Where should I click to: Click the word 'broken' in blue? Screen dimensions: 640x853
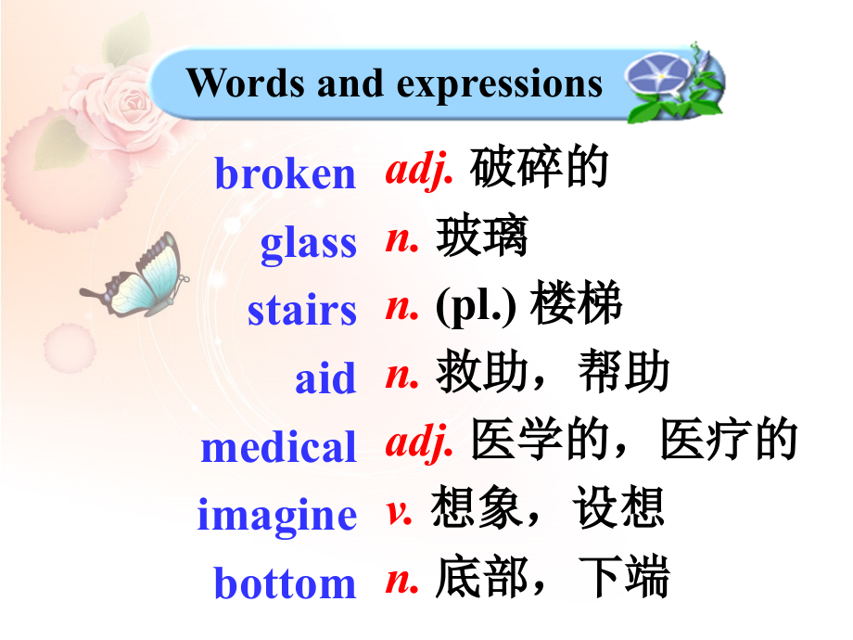coord(285,173)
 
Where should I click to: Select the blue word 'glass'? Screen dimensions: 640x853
coord(308,242)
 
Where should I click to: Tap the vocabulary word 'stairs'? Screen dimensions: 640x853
coord(301,310)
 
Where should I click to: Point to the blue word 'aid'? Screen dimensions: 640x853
coord(325,378)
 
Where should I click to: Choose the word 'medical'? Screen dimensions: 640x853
coord(278,447)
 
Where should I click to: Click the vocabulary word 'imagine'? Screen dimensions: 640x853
coord(276,515)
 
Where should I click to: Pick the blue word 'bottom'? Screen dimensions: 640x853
coord(285,583)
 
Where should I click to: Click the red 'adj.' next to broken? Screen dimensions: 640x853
coord(419,171)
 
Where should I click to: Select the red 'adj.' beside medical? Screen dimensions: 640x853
coord(419,444)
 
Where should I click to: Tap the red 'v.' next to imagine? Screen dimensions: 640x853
coord(400,511)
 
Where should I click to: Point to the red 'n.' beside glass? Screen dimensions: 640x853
coord(402,239)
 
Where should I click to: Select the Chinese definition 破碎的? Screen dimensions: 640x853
coord(539,169)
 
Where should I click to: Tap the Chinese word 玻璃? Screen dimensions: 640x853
coord(482,238)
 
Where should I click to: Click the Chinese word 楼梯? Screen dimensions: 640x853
coord(576,307)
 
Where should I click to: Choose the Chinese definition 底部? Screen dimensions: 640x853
coord(482,579)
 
